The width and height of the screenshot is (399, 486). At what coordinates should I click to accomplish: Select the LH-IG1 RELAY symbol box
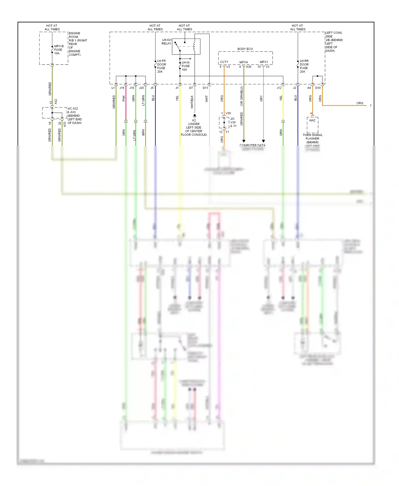coord(186,47)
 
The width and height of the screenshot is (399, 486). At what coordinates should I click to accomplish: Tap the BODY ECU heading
coord(245,49)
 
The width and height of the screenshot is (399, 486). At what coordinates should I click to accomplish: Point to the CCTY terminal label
coord(224,62)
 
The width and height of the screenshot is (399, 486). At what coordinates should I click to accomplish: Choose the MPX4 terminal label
coord(243,62)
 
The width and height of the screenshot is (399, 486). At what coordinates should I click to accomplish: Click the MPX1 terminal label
coord(264,62)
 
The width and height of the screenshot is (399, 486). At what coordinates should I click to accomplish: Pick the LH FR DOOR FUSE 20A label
coord(161,66)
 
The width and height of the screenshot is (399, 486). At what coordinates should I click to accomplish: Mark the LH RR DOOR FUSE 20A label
coord(304,66)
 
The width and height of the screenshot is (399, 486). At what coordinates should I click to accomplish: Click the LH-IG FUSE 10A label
coord(185,66)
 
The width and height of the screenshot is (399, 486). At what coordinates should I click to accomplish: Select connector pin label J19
coord(122,88)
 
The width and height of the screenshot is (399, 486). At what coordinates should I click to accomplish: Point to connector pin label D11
coord(205,88)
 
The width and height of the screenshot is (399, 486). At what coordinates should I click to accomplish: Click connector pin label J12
coord(279,88)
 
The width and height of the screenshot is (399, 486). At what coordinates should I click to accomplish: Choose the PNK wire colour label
coord(124,98)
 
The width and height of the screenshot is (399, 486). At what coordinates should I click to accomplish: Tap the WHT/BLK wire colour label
coord(192,102)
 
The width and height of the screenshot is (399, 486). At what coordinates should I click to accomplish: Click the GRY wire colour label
coord(261,99)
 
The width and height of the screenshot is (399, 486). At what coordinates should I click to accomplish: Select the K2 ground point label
coord(194,120)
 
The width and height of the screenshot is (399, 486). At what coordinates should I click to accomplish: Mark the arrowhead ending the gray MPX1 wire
coord(263,141)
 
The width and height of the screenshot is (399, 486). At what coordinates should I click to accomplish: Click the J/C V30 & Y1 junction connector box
coord(224,123)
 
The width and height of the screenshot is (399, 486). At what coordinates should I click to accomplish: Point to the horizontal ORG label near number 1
coord(360,103)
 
